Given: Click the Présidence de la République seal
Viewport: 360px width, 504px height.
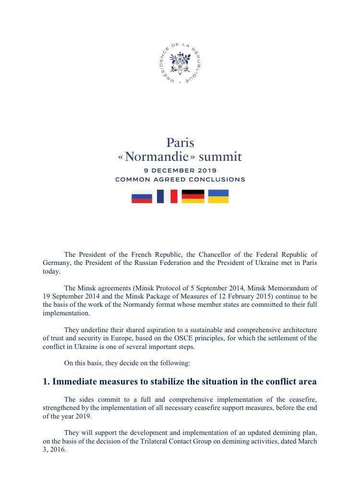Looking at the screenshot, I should [x=180, y=63].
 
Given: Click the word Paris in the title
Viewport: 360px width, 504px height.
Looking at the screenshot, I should [x=180, y=143].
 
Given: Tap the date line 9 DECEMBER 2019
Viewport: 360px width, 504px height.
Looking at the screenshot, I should [x=180, y=170].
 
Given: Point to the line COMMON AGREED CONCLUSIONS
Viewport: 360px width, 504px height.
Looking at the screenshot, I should [x=180, y=180].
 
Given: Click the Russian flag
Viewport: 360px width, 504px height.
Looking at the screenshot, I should [x=142, y=197].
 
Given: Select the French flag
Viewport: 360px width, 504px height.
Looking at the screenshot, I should [x=167, y=196].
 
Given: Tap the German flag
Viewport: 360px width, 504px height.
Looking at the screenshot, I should [x=193, y=196].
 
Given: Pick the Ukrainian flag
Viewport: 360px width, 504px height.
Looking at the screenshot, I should [x=218, y=196].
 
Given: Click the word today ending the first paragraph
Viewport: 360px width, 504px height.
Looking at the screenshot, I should [x=51, y=271].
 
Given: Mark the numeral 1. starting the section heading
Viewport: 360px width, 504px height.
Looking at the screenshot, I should [x=46, y=382].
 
